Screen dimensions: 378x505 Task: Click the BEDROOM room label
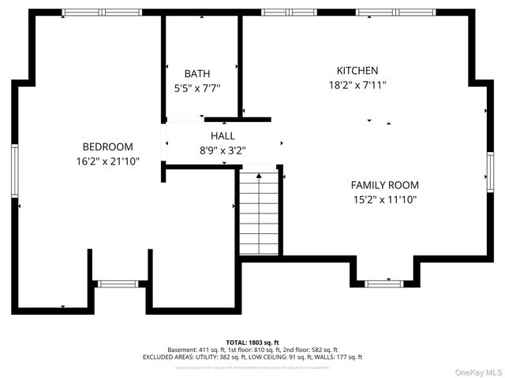coord(108,146)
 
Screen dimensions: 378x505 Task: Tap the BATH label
coord(197,73)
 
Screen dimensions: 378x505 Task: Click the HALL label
coord(223,135)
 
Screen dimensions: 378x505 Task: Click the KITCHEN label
coord(357,70)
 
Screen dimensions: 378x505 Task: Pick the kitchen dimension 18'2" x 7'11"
coord(357,84)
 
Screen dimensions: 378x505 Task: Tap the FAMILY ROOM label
coord(384,185)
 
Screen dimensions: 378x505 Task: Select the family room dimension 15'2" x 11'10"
coord(384,199)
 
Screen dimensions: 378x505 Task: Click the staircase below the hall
coord(259,214)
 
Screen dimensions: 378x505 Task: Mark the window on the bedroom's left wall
coord(14,171)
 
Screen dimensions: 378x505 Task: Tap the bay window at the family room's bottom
coord(384,283)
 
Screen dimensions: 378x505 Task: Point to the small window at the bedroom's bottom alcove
coord(117,283)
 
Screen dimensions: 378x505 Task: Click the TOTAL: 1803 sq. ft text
coord(252,343)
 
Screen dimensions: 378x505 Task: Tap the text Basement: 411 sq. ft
coord(194,350)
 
